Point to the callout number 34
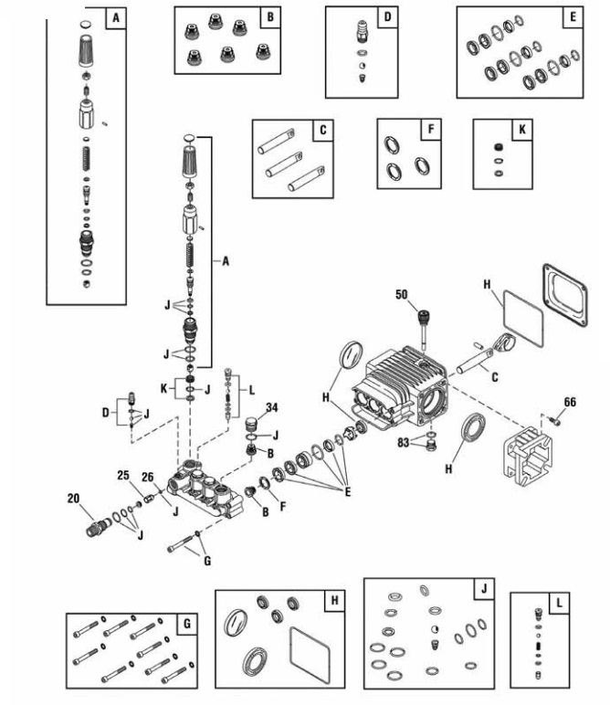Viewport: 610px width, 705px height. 272,406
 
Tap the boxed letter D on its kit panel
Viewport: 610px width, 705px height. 387,17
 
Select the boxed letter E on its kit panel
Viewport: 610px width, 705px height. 573,17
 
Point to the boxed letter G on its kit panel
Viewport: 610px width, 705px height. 186,624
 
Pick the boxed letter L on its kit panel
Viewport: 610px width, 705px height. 560,603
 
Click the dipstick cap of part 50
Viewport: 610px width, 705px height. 424,318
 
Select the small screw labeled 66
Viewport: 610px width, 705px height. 556,420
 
